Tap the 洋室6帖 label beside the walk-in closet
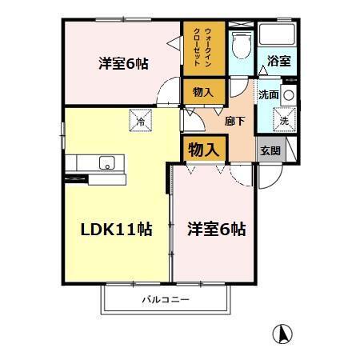(x=123, y=63)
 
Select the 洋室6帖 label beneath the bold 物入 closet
(x=216, y=229)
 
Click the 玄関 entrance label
(x=269, y=151)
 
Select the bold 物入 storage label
(x=203, y=149)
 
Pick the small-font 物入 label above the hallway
(x=202, y=92)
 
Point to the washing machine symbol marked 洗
(x=284, y=122)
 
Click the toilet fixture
(x=238, y=45)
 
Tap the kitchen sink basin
(x=106, y=163)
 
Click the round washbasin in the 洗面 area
(x=288, y=94)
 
